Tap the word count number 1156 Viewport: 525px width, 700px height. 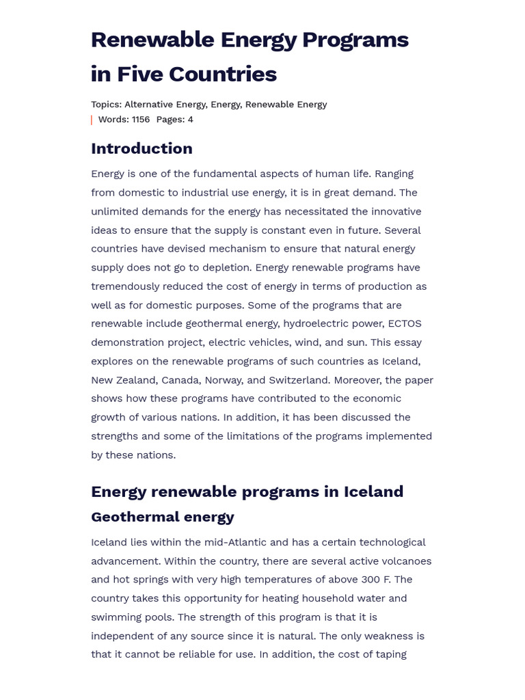point(140,120)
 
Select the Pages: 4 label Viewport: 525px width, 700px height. point(174,120)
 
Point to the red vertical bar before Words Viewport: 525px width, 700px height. point(92,120)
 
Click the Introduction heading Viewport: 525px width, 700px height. point(142,148)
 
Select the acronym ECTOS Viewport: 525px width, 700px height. point(405,323)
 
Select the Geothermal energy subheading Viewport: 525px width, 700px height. point(162,517)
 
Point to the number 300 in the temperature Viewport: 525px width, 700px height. point(372,580)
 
